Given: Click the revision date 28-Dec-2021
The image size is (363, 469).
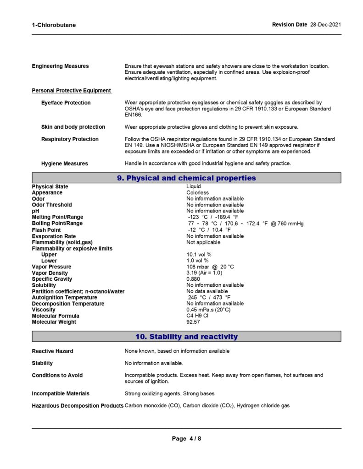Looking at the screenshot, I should (x=325, y=25).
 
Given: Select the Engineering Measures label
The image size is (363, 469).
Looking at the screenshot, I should (x=60, y=66).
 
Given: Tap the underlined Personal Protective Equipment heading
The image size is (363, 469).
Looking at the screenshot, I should (x=71, y=91).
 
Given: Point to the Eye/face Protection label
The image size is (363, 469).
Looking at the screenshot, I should (x=66, y=103).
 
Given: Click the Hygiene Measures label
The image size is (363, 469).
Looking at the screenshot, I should (x=64, y=164).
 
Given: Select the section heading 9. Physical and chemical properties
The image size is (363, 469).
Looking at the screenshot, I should (x=186, y=178).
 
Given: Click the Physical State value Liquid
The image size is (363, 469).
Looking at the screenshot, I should (x=193, y=187).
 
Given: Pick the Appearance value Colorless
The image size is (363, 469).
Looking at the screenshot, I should (x=197, y=193).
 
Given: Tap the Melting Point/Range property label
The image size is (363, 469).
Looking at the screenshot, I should (x=57, y=217).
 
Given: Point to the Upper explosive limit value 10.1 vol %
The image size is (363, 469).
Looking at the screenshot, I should (x=199, y=255).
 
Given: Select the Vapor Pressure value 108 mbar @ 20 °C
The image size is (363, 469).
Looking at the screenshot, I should (x=210, y=267).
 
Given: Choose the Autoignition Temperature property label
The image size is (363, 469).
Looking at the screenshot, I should (x=64, y=298).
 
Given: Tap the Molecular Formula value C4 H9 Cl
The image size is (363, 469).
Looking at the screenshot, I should (x=197, y=316).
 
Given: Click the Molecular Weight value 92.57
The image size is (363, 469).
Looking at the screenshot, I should (x=193, y=322).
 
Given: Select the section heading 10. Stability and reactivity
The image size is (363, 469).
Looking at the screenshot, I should (x=186, y=337).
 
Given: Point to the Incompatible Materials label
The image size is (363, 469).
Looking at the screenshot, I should (x=61, y=394).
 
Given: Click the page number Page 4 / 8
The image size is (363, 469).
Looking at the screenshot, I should (x=186, y=439).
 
